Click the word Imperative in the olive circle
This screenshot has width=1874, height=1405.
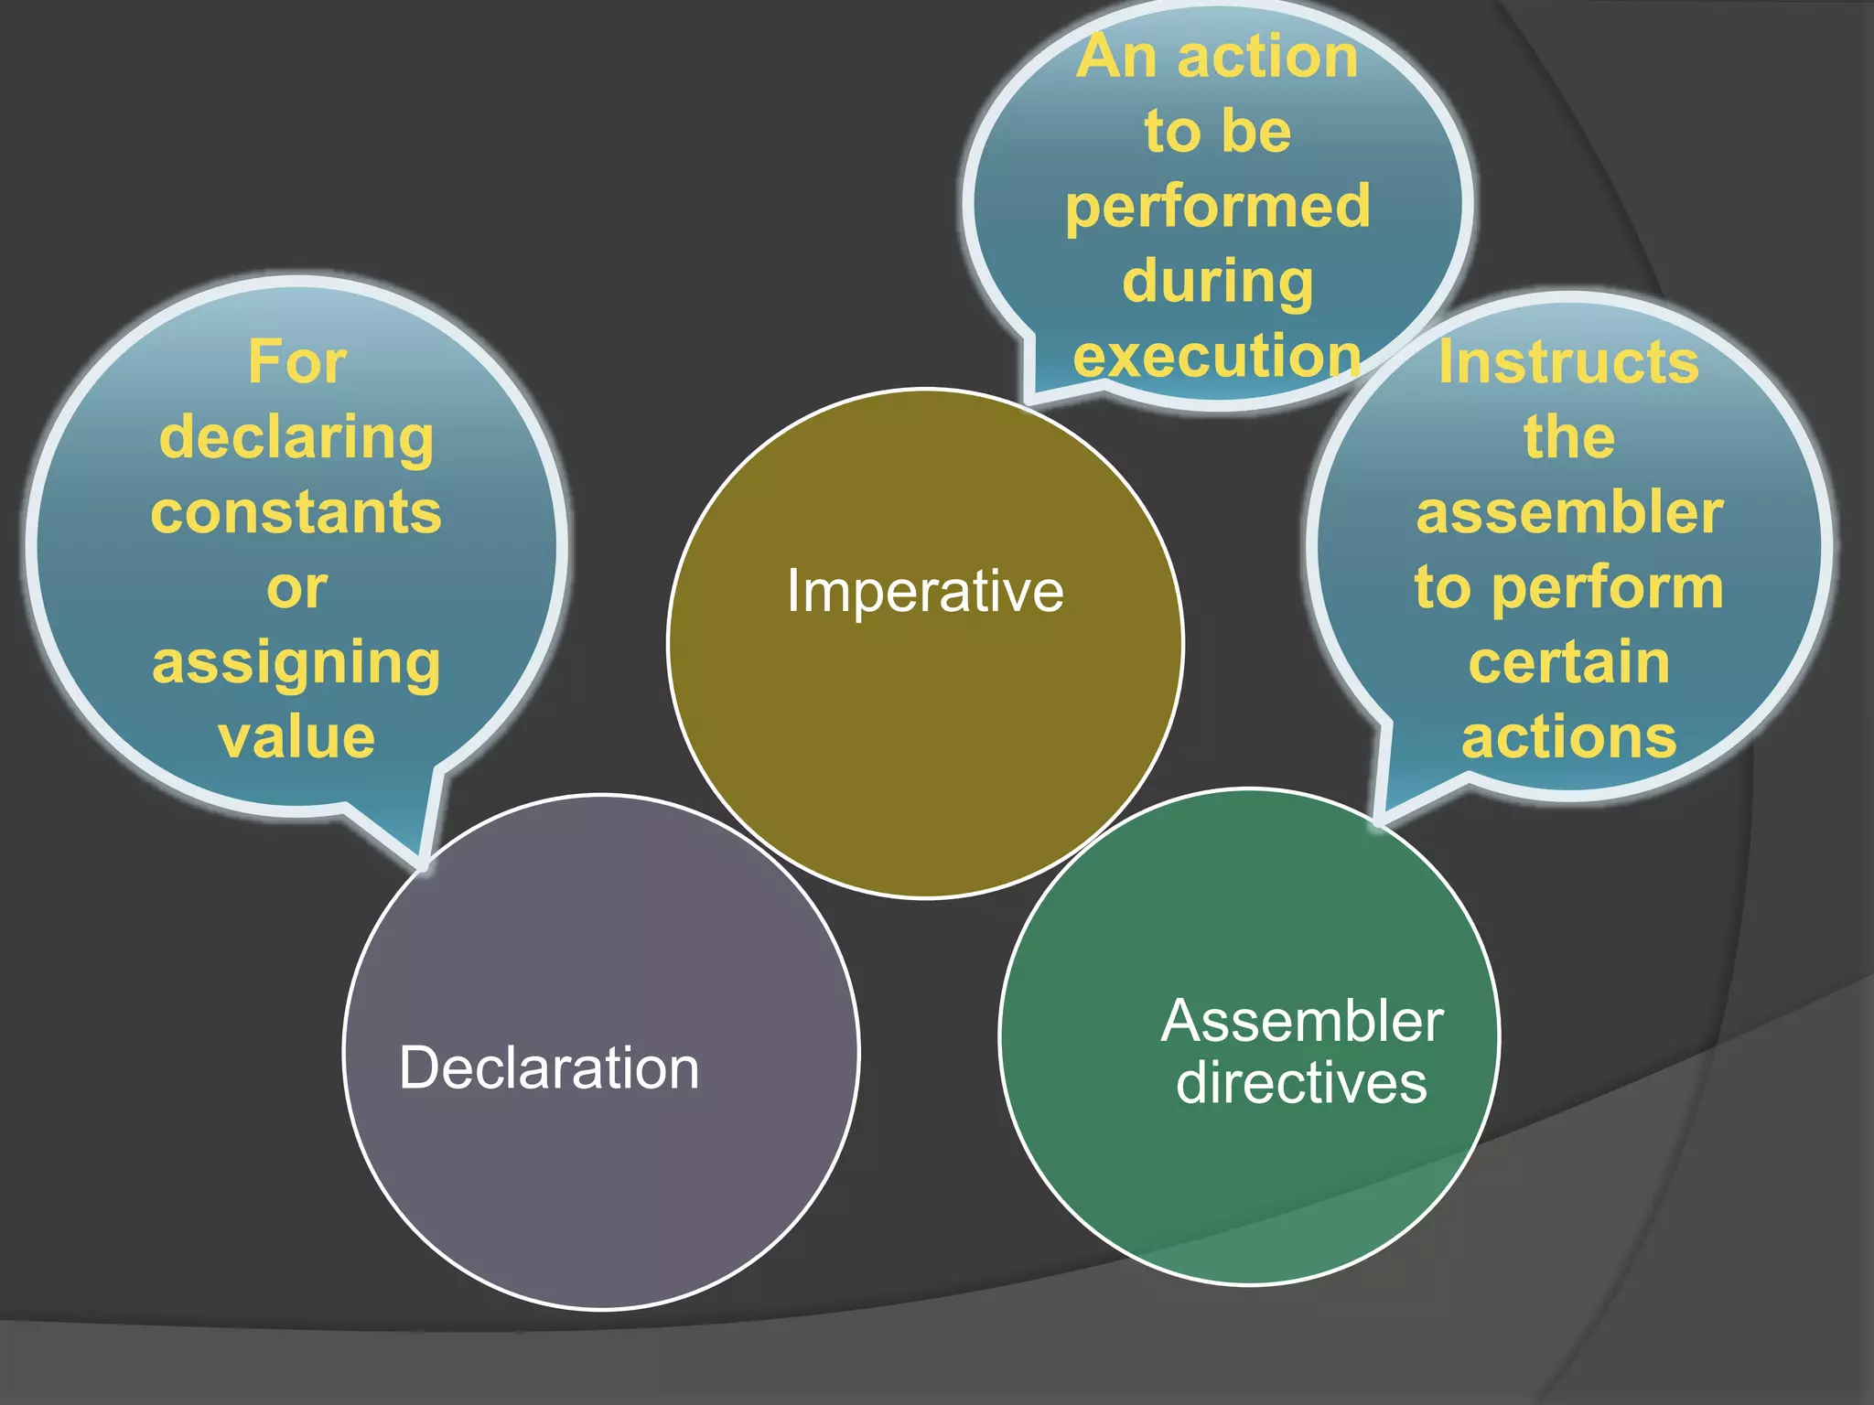click(925, 592)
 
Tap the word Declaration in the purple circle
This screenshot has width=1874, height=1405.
click(549, 1067)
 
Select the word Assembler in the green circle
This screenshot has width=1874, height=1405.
click(1302, 1021)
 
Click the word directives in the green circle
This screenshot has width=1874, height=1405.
click(1301, 1083)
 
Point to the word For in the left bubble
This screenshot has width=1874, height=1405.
click(297, 362)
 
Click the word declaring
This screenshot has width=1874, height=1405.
click(296, 438)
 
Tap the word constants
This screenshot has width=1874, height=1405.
click(296, 512)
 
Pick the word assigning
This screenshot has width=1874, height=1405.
click(296, 663)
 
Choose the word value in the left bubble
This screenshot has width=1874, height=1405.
click(296, 737)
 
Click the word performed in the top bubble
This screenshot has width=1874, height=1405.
click(1218, 207)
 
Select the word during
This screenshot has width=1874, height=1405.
click(1218, 281)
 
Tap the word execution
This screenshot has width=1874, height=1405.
click(1218, 355)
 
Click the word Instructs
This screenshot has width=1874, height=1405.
click(1568, 362)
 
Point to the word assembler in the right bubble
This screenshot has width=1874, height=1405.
click(1569, 512)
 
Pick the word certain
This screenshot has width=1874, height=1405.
click(1569, 662)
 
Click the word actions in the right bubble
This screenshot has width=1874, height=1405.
click(1569, 737)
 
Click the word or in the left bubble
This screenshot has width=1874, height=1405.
click(296, 588)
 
